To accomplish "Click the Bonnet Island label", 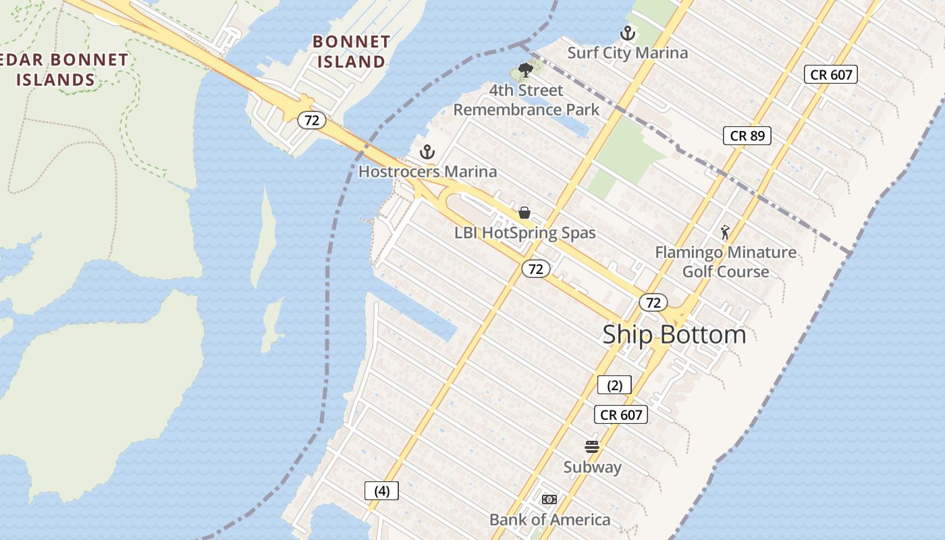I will click(351, 51).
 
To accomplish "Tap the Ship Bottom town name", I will click(674, 334).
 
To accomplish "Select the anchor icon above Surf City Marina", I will click(628, 32).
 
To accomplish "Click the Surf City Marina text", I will click(628, 53).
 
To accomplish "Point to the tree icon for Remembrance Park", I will click(525, 70).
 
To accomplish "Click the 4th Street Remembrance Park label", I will click(526, 100).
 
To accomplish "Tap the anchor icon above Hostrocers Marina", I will click(427, 151).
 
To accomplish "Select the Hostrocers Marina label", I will click(427, 171).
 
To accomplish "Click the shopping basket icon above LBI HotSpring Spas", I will click(524, 213).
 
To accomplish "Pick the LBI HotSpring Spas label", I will click(525, 233).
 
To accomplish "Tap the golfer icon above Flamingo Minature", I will click(725, 232).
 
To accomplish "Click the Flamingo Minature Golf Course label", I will click(726, 262).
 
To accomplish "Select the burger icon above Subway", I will click(592, 446).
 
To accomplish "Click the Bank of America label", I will click(549, 520).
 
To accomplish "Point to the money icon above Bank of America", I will click(549, 500).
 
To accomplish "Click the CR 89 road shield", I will click(747, 136).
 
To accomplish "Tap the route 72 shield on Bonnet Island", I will click(312, 121).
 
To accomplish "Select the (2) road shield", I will click(614, 385).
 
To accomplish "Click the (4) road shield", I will click(381, 491).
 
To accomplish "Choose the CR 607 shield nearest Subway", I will click(621, 414).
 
